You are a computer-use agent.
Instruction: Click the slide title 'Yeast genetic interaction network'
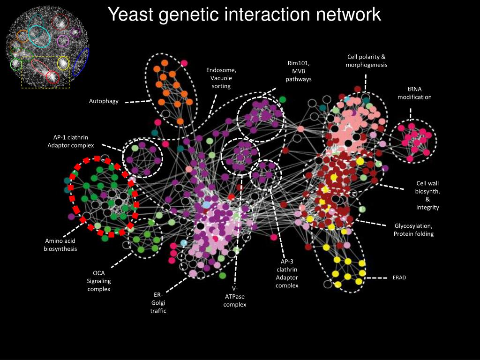click(244, 15)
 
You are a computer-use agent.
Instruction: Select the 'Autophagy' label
click(104, 101)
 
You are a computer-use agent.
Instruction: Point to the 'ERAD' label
click(399, 277)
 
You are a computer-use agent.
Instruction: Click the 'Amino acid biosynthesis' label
click(60, 245)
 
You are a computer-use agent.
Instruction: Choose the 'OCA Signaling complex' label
click(98, 281)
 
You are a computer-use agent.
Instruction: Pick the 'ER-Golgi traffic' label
click(158, 302)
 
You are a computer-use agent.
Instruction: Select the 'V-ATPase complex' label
click(234, 297)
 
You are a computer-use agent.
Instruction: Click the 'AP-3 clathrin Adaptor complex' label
click(287, 273)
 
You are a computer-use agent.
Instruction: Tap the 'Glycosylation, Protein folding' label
click(414, 230)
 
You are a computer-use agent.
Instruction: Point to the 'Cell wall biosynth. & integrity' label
click(427, 195)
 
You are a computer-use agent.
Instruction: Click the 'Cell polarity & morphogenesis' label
click(366, 61)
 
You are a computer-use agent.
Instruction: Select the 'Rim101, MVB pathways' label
click(299, 71)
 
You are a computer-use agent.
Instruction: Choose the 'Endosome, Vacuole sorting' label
click(221, 78)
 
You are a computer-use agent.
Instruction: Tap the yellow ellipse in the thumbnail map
click(63, 63)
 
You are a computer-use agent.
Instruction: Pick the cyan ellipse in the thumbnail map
click(39, 36)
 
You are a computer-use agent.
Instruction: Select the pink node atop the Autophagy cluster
click(184, 63)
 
